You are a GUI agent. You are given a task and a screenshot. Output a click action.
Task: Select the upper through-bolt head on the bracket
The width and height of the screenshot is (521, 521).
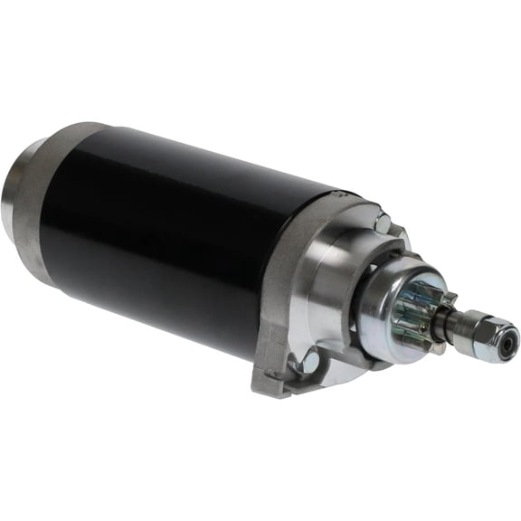383,220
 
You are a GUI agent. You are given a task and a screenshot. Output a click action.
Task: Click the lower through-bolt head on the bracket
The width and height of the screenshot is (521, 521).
310,363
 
